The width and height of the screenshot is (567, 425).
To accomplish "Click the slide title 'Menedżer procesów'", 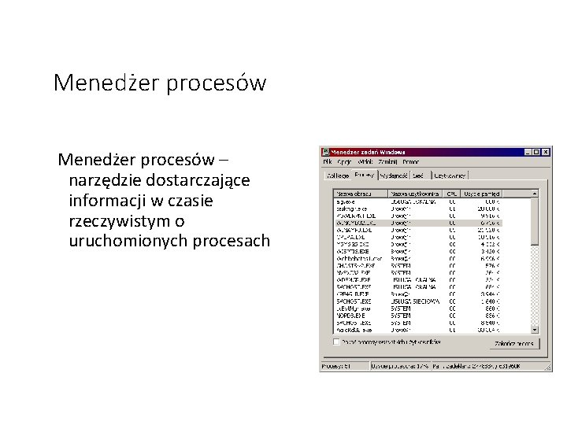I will (x=160, y=83).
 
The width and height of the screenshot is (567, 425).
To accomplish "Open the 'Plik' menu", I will (x=328, y=161).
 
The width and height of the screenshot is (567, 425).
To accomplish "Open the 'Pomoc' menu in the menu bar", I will (x=411, y=161).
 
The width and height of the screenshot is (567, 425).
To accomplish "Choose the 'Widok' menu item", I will (x=365, y=161).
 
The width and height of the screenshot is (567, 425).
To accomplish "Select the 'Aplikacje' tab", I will (x=338, y=176).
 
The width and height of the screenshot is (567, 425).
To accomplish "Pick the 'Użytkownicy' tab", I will (x=450, y=176).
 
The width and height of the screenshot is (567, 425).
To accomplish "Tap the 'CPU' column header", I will (x=452, y=193).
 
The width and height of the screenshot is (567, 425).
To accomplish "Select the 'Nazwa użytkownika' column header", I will (x=414, y=193).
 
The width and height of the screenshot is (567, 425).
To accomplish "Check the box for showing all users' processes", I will (x=337, y=342).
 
